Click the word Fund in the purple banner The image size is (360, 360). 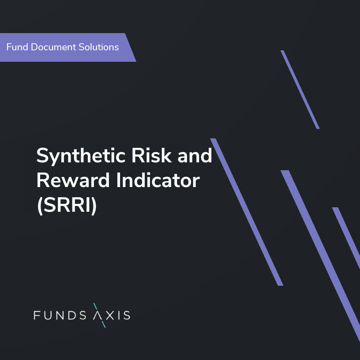pyautogui.click(x=16, y=47)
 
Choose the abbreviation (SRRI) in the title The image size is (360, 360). pyautogui.click(x=66, y=206)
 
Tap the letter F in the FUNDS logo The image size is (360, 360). pyautogui.click(x=37, y=315)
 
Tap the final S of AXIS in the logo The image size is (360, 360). pyautogui.click(x=126, y=315)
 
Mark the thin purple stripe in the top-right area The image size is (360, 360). pyautogui.click(x=300, y=90)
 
